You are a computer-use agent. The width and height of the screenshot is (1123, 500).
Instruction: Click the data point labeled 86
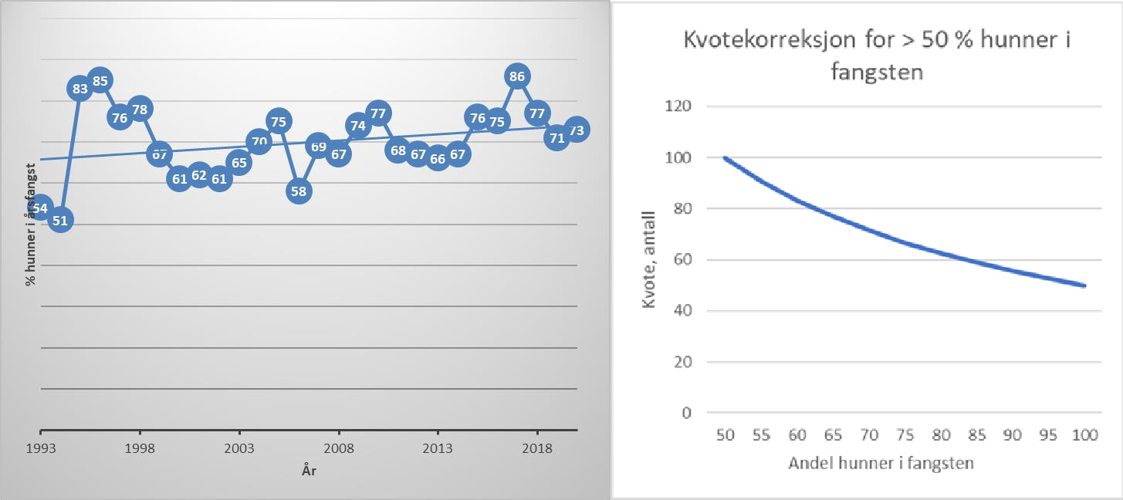(x=517, y=76)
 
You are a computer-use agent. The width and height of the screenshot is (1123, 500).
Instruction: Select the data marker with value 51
(x=60, y=220)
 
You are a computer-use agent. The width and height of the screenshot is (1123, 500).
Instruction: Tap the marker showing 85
(x=100, y=79)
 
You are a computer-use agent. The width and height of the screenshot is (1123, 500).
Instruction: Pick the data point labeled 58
(x=299, y=191)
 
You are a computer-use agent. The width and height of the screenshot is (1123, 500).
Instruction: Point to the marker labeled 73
(x=576, y=129)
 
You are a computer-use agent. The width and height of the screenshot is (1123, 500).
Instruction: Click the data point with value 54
(x=41, y=208)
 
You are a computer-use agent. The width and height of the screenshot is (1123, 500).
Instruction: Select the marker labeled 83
(x=80, y=89)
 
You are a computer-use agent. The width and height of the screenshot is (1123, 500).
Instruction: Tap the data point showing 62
(x=199, y=175)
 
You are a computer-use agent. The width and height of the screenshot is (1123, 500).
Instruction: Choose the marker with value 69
(x=318, y=145)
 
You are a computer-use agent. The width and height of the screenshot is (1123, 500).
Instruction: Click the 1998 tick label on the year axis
(x=140, y=448)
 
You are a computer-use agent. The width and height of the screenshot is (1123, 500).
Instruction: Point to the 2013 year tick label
(x=438, y=448)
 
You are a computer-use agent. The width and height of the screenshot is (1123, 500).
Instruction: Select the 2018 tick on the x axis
(x=536, y=448)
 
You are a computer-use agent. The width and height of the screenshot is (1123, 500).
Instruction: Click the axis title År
(x=309, y=471)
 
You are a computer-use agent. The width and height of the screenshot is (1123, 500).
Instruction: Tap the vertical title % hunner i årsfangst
(x=31, y=224)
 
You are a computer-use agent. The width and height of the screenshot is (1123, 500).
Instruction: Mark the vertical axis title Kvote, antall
(x=649, y=260)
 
